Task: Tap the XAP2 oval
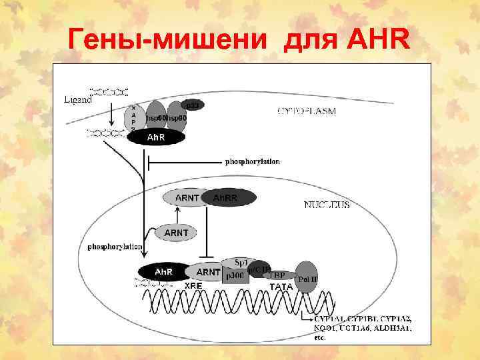(134, 118)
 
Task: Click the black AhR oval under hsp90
(156, 137)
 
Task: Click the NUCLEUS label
(327, 205)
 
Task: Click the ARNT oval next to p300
(208, 272)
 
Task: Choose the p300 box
(235, 275)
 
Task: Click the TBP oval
(279, 274)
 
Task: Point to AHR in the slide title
(379, 41)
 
